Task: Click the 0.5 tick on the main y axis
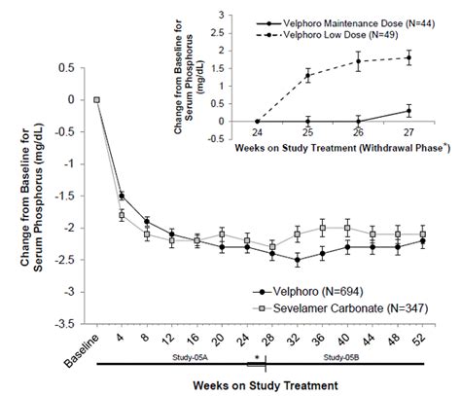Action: click(68, 68)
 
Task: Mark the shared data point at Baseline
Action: click(96, 99)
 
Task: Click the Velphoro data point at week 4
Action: click(122, 196)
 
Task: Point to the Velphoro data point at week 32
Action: click(296, 260)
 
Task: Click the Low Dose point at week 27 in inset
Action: click(408, 57)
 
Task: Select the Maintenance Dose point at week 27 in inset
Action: click(408, 111)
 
